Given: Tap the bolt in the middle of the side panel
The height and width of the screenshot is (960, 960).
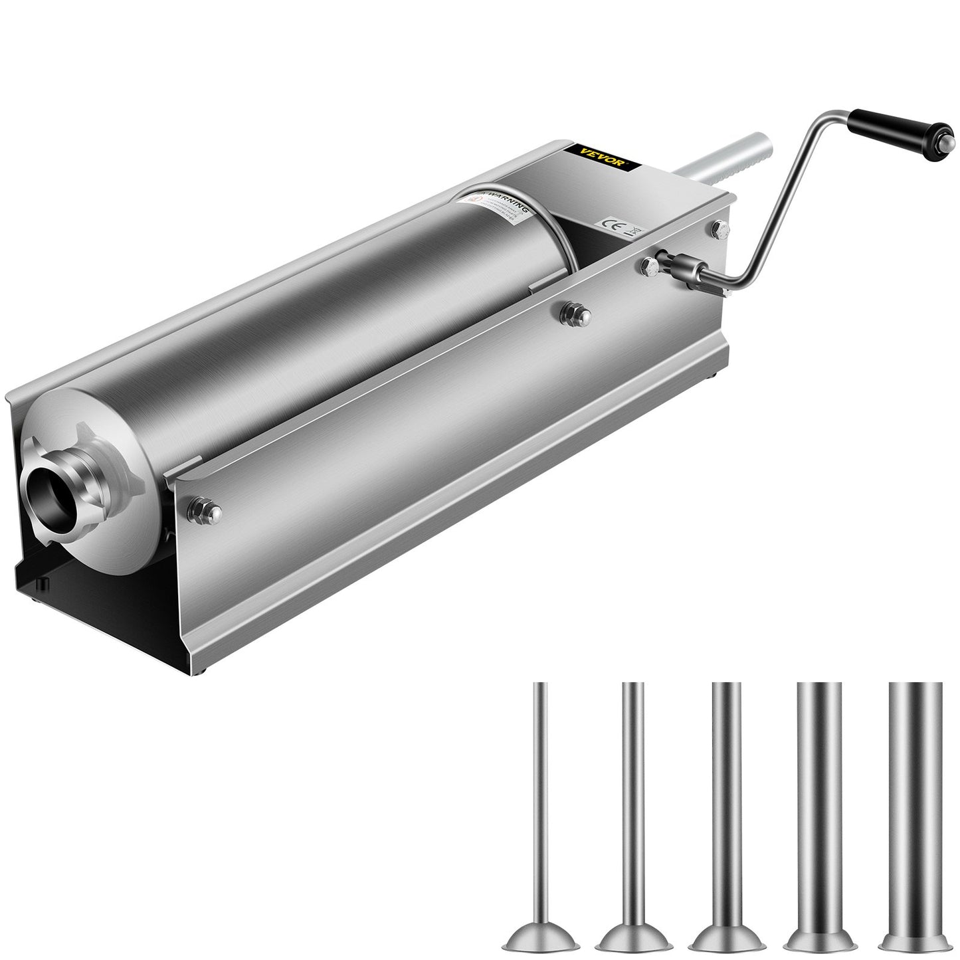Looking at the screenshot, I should click(569, 310).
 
